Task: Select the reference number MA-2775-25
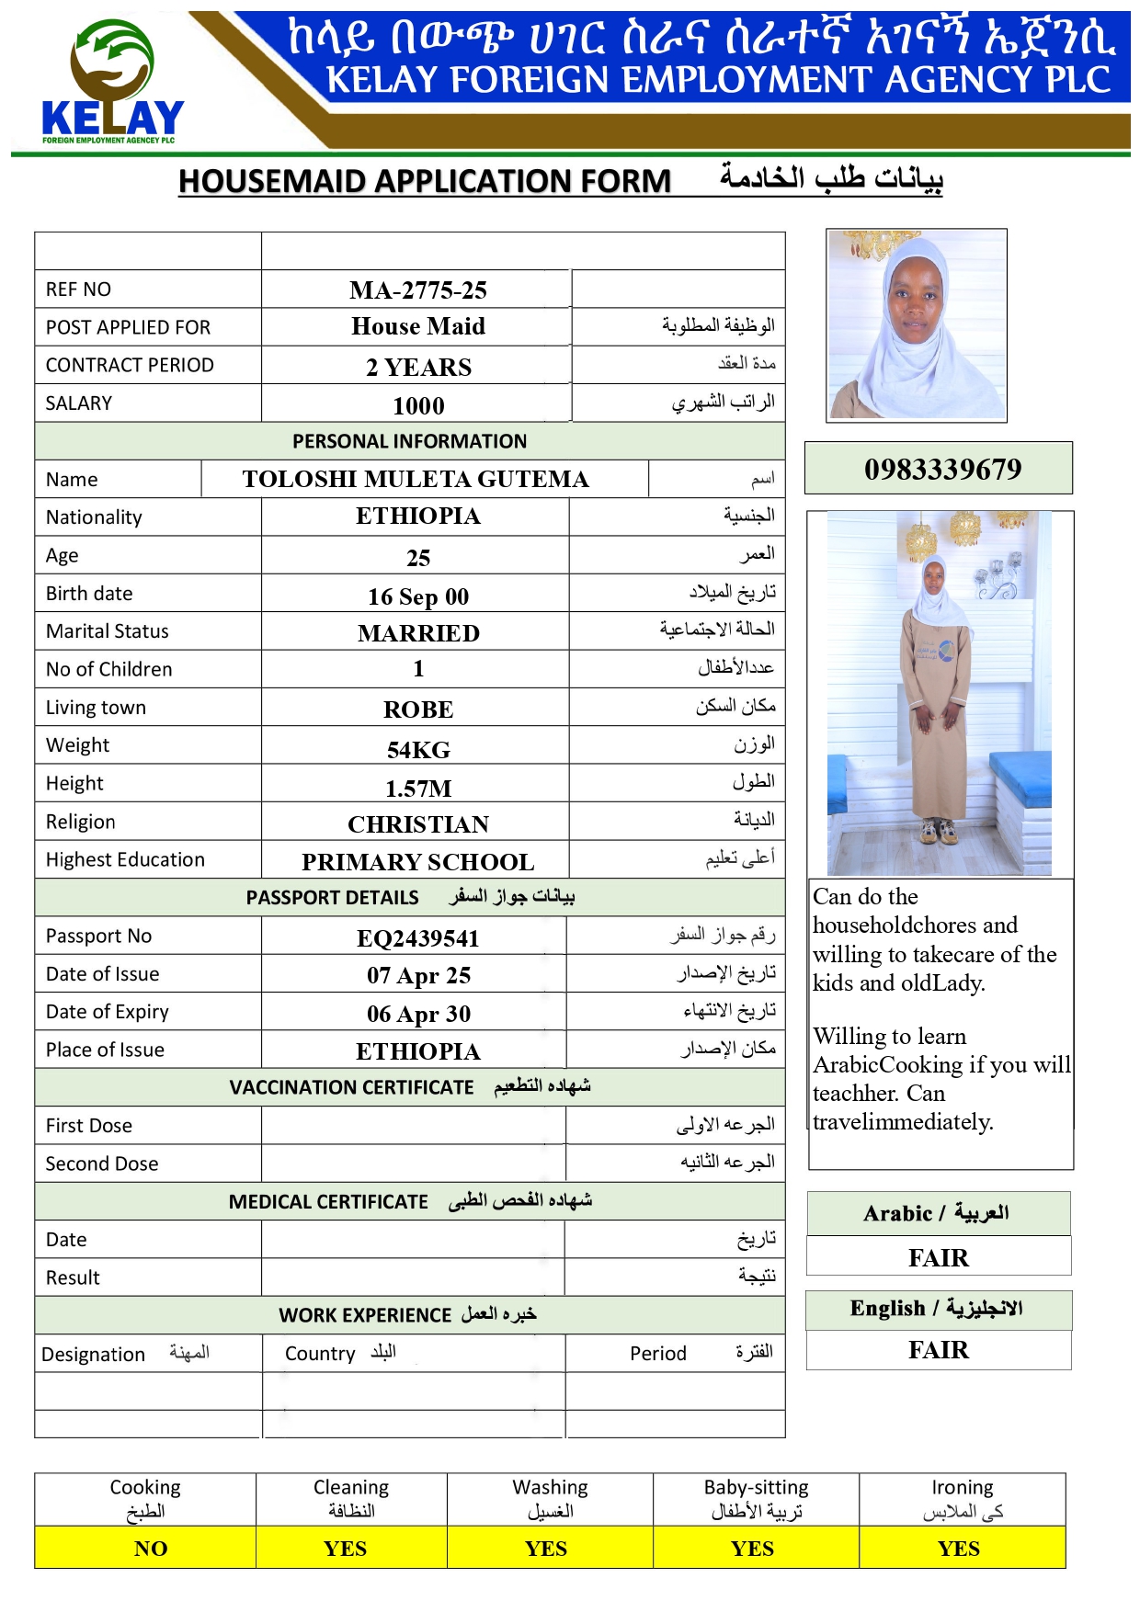418,290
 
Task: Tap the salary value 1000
418,405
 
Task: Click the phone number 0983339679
942,469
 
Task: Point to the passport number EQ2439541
418,938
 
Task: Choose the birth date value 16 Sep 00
418,596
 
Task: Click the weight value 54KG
418,750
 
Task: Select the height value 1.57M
418,789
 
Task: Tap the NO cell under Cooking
151,1549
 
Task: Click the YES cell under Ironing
958,1549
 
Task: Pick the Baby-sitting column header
756,1498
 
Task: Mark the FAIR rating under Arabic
938,1257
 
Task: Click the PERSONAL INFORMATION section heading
409,441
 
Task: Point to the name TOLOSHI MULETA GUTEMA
416,479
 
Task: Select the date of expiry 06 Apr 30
418,1014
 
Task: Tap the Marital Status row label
108,631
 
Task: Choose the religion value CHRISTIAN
418,824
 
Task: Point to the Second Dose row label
102,1164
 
